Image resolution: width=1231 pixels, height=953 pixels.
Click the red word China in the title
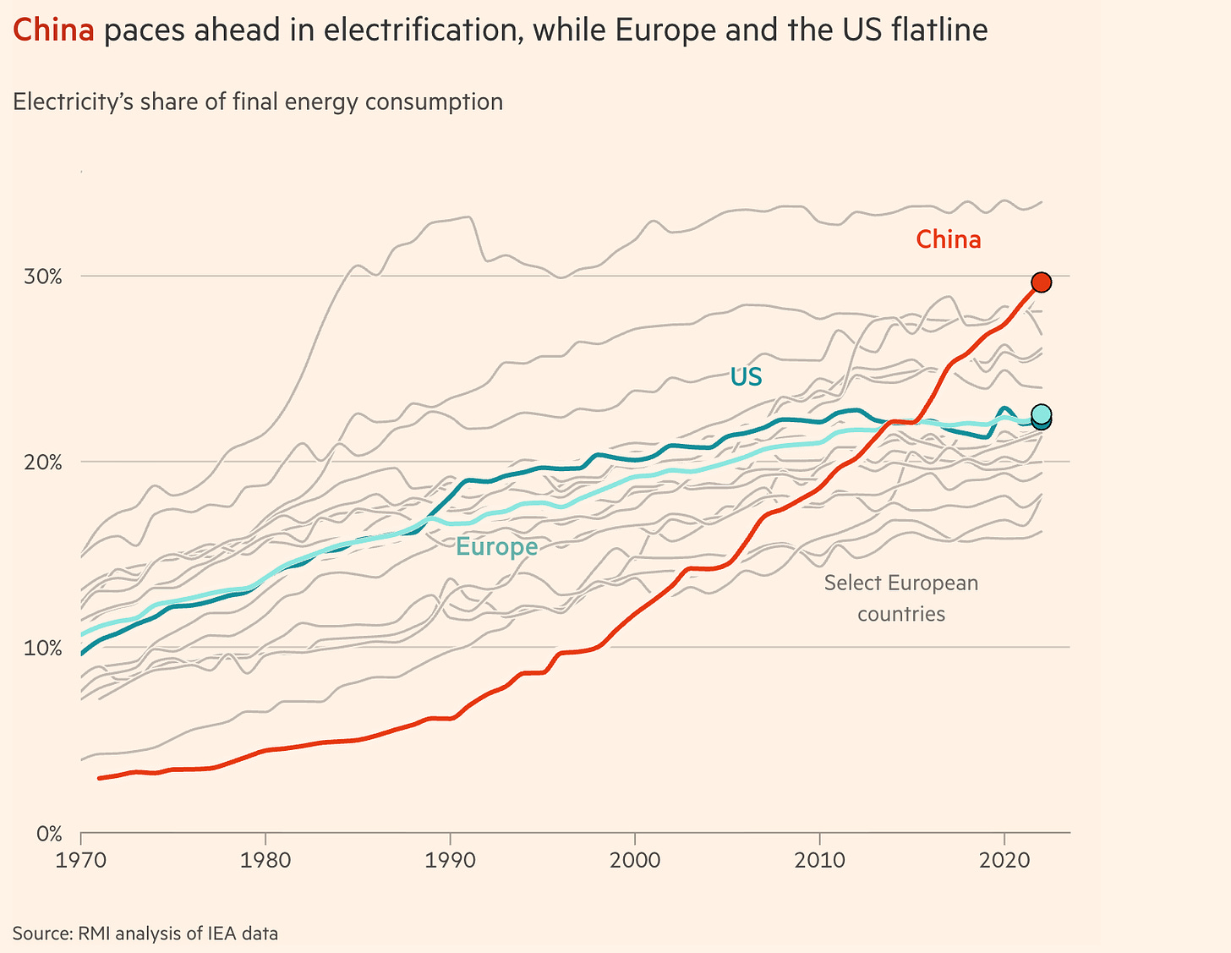pos(52,30)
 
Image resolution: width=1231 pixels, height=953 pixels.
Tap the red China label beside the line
pos(949,240)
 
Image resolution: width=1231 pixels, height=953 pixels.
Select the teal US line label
pos(746,376)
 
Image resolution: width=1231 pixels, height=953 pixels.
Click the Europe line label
pos(496,547)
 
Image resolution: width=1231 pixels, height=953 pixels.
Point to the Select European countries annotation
pos(900,598)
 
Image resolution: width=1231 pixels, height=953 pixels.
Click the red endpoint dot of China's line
pos(1041,282)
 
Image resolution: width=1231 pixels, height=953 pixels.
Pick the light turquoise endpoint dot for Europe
pos(1041,414)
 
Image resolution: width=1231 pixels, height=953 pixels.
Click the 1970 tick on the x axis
pos(81,860)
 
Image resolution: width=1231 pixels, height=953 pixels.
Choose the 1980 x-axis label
pos(265,860)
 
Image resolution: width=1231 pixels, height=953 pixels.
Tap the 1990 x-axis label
pos(450,860)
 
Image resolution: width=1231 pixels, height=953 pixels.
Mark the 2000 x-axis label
pos(634,860)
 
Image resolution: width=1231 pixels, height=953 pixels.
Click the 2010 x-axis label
pos(819,860)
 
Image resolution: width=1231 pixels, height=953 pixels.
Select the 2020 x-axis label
pos(1004,860)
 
